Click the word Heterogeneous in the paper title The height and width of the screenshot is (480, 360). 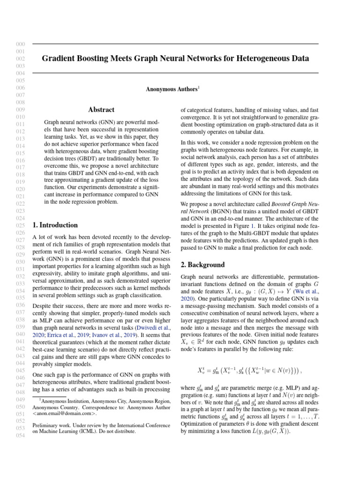coord(274,59)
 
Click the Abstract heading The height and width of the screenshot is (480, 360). coord(102,110)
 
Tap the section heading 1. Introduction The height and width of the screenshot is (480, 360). coord(55,225)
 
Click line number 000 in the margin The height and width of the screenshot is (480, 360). coord(20,44)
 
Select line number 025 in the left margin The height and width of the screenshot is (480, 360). coord(20,226)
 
